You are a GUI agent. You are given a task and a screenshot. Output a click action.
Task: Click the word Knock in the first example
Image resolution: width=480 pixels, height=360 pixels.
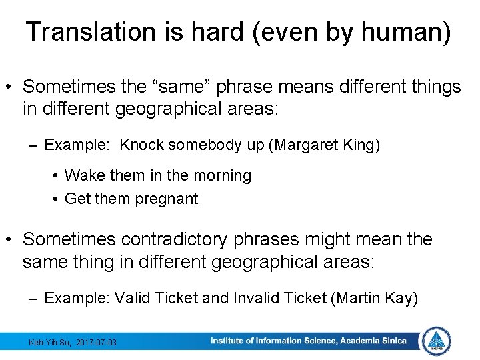click(142, 145)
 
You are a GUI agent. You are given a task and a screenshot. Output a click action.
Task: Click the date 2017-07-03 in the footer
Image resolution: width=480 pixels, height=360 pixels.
click(97, 342)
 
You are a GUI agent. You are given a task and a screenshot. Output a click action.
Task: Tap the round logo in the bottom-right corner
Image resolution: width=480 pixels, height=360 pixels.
click(437, 341)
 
